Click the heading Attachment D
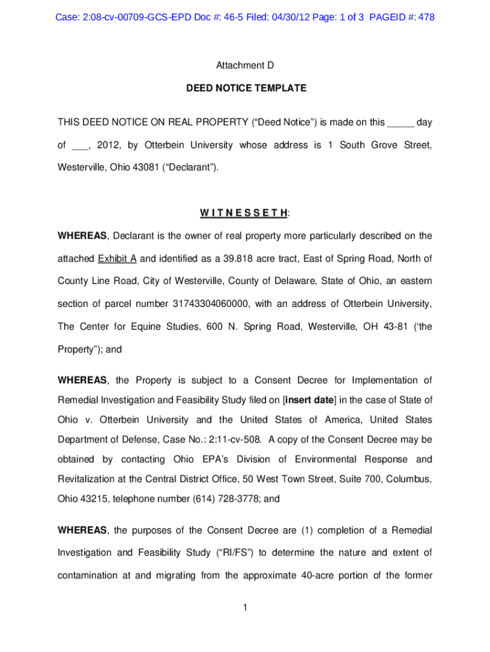(x=246, y=65)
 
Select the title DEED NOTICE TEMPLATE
(x=246, y=89)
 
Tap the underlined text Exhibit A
(x=117, y=259)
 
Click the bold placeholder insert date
(x=310, y=400)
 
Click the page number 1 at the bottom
(x=245, y=607)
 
